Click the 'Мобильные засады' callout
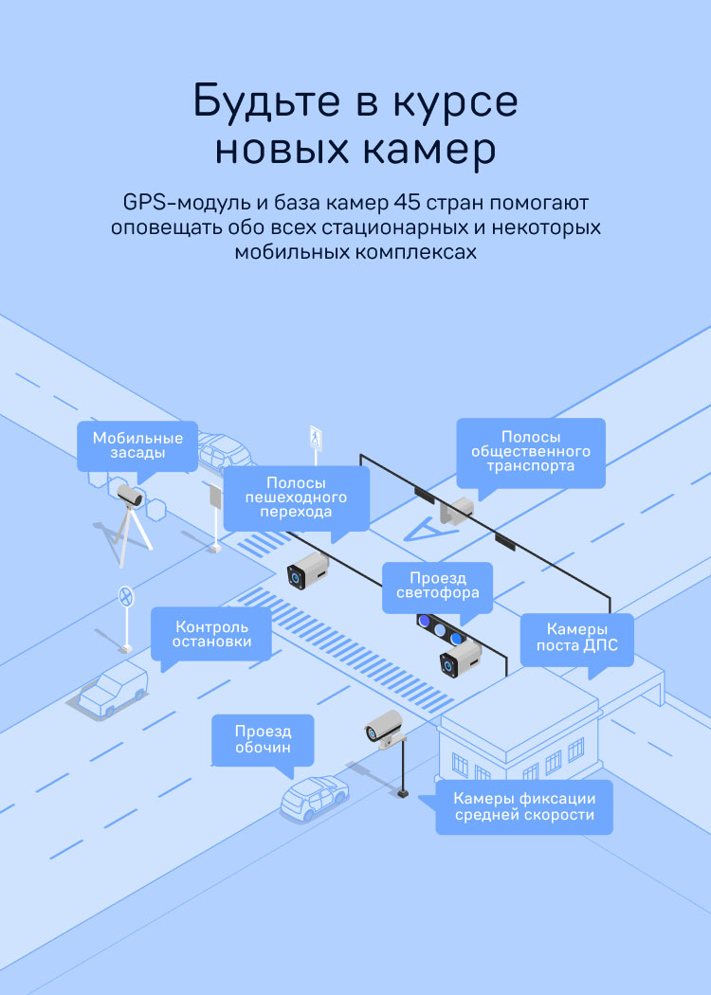click(x=137, y=445)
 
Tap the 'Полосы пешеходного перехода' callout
click(x=295, y=497)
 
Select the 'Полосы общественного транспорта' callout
click(x=530, y=452)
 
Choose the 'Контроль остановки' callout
click(x=211, y=634)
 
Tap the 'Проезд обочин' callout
click(x=263, y=740)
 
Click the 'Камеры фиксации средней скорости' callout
click(x=523, y=806)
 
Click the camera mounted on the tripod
click(x=129, y=495)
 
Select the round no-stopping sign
click(x=124, y=596)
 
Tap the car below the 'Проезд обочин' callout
click(x=315, y=797)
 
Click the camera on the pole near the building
click(x=383, y=729)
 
